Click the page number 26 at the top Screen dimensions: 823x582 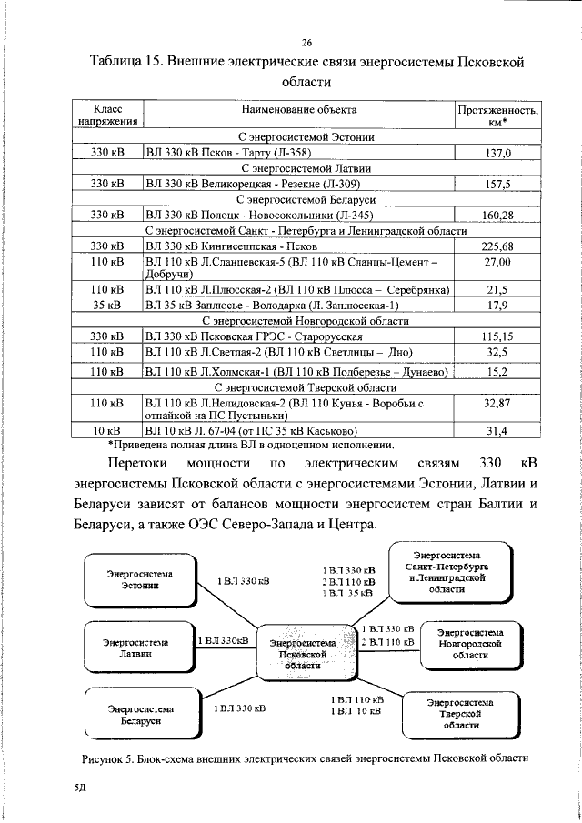[x=307, y=41]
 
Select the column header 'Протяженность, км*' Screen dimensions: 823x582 [x=497, y=115]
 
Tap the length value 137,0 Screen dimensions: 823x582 [x=497, y=153]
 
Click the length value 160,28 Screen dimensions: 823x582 [x=497, y=215]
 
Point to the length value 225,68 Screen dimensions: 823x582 [x=497, y=246]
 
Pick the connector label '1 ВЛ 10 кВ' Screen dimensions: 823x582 [x=357, y=711]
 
